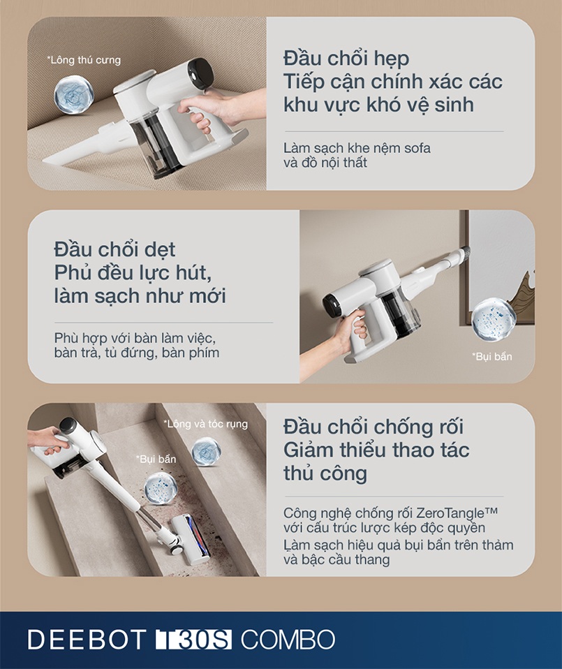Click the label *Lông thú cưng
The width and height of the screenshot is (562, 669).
pyautogui.click(x=84, y=60)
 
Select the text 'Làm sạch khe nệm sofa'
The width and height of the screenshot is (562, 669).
pyautogui.click(x=357, y=148)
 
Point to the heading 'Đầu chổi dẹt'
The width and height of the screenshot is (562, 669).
pyautogui.click(x=114, y=249)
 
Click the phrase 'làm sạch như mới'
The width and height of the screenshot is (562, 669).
pyautogui.click(x=140, y=295)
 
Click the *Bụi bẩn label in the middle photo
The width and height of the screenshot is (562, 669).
pyautogui.click(x=492, y=357)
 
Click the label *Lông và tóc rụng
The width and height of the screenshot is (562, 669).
pyautogui.click(x=205, y=424)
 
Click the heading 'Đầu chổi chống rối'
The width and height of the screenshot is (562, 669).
pyautogui.click(x=374, y=426)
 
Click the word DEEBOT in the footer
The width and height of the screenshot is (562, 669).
pyautogui.click(x=87, y=638)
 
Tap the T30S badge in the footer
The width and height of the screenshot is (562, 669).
pyautogui.click(x=193, y=638)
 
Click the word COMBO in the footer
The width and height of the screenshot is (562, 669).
pyautogui.click(x=287, y=638)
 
